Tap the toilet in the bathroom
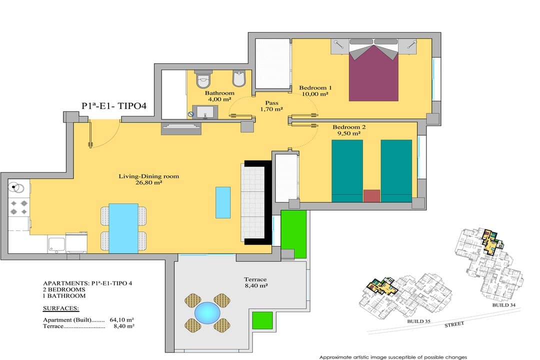[x=203, y=79]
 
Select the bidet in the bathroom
[x=239, y=78]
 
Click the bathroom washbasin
[x=205, y=112]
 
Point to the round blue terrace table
[x=207, y=313]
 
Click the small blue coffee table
[x=223, y=202]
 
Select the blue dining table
[x=123, y=228]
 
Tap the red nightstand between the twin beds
[x=372, y=195]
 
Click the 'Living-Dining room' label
[x=149, y=176]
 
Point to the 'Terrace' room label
[x=255, y=279]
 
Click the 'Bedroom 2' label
[x=349, y=127]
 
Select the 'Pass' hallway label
[x=271, y=103]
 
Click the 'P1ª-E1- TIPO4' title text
[x=114, y=106]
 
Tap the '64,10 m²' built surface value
[x=122, y=319]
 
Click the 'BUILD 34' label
[x=504, y=305]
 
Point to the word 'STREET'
[x=454, y=324]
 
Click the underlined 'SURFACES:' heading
[x=61, y=308]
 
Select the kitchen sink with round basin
[x=16, y=188]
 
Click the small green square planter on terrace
[x=262, y=320]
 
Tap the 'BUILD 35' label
[x=419, y=321]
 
